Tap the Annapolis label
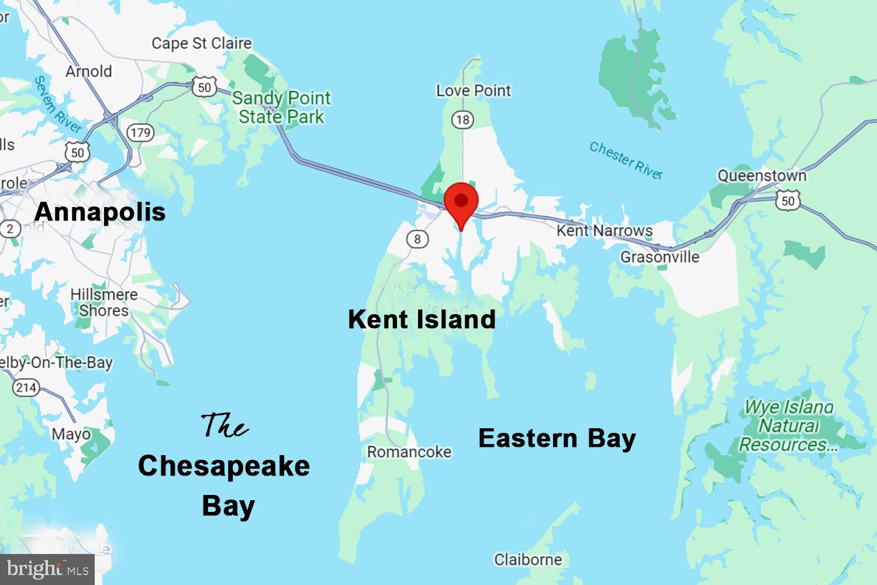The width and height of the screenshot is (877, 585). coord(100,212)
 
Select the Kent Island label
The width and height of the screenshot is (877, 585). coord(422,319)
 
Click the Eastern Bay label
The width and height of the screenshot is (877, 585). coord(557,438)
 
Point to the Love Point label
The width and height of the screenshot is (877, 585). coord(473,91)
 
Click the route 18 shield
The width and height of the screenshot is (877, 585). coord(462,120)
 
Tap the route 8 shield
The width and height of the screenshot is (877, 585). coord(417,239)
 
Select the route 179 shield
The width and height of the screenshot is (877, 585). coord(140,133)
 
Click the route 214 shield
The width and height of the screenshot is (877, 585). coord(26,387)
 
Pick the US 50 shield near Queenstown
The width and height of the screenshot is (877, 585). coord(788,201)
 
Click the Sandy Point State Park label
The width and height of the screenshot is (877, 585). coord(281,107)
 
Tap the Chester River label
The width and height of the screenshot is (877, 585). coord(626,160)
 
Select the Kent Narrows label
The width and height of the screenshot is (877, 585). coord(604,230)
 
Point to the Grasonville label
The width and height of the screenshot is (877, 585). coord(660,257)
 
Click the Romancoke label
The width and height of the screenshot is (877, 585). coord(409,452)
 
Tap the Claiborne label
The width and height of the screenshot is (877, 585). coord(528,560)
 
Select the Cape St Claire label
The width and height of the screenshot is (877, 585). coord(201,43)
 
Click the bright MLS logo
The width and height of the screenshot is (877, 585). coord(47,569)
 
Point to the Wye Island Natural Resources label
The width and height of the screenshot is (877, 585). coord(788,425)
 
